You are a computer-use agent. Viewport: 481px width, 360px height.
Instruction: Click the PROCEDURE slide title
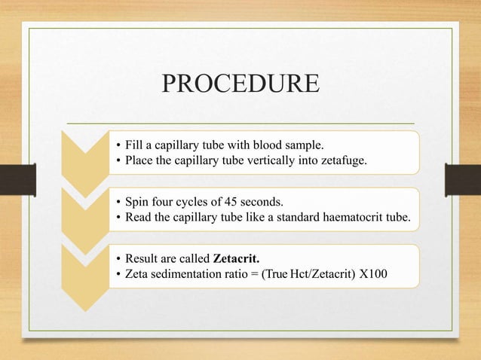[240, 84]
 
